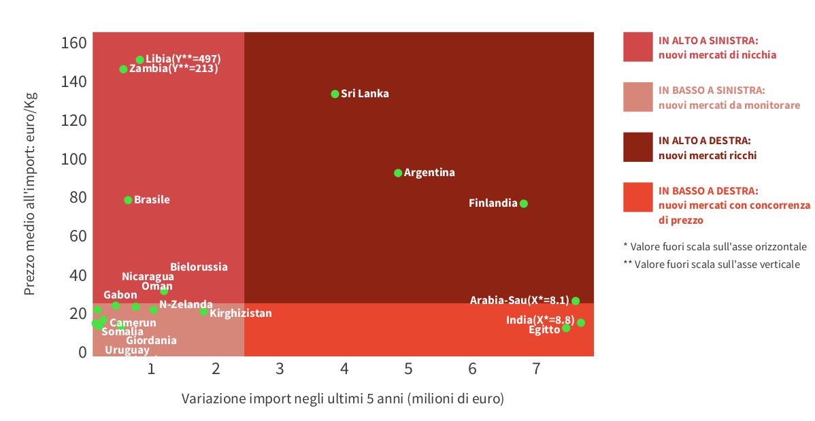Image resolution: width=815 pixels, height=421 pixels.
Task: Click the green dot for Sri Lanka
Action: click(x=335, y=94)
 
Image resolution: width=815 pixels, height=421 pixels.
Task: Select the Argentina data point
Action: click(x=398, y=173)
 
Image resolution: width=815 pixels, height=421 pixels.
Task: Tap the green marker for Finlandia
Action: click(x=523, y=203)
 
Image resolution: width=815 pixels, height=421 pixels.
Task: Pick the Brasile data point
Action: click(x=128, y=200)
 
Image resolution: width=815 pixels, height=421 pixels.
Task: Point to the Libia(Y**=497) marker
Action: click(x=139, y=60)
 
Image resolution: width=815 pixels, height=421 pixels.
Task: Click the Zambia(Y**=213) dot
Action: click(x=123, y=69)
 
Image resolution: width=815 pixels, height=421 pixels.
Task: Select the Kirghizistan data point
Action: click(x=203, y=311)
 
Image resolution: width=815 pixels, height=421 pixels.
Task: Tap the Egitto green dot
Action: click(x=566, y=328)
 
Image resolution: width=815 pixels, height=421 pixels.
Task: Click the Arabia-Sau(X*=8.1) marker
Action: click(x=576, y=301)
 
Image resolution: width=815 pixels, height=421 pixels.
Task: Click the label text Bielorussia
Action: click(x=199, y=267)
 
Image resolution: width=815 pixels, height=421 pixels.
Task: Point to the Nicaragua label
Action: click(x=148, y=277)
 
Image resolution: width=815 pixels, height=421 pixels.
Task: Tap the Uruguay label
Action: click(x=127, y=350)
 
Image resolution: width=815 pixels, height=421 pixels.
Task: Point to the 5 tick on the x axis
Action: click(x=408, y=369)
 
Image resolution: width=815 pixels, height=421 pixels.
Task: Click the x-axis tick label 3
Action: click(x=280, y=369)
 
